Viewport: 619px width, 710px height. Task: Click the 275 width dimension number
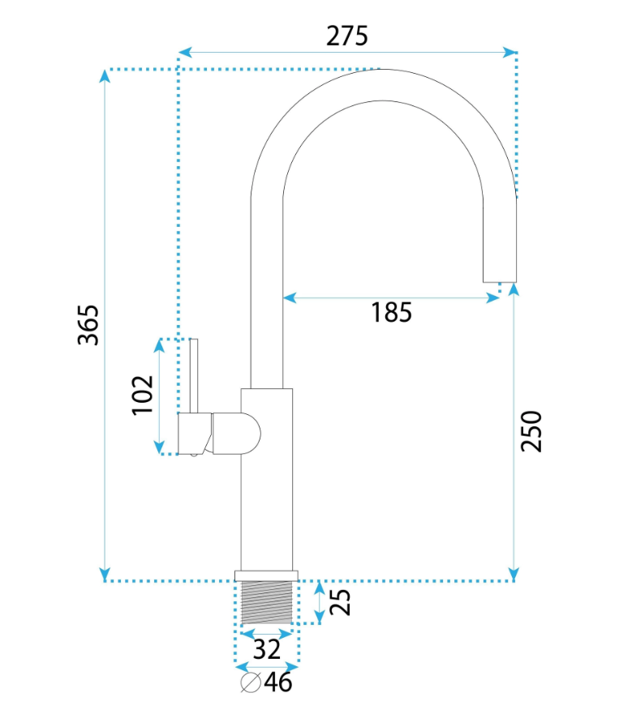pyautogui.click(x=346, y=36)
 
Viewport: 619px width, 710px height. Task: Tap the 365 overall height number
pyautogui.click(x=88, y=325)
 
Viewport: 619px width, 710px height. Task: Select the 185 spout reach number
pyautogui.click(x=392, y=312)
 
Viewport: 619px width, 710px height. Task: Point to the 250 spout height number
pyautogui.click(x=531, y=431)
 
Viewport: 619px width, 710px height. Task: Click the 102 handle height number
pyautogui.click(x=142, y=395)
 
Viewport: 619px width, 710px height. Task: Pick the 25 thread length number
pyautogui.click(x=340, y=601)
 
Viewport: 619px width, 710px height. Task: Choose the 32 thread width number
pyautogui.click(x=266, y=649)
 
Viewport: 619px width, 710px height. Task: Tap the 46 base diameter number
pyautogui.click(x=278, y=682)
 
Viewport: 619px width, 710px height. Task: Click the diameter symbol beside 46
pyautogui.click(x=251, y=682)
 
